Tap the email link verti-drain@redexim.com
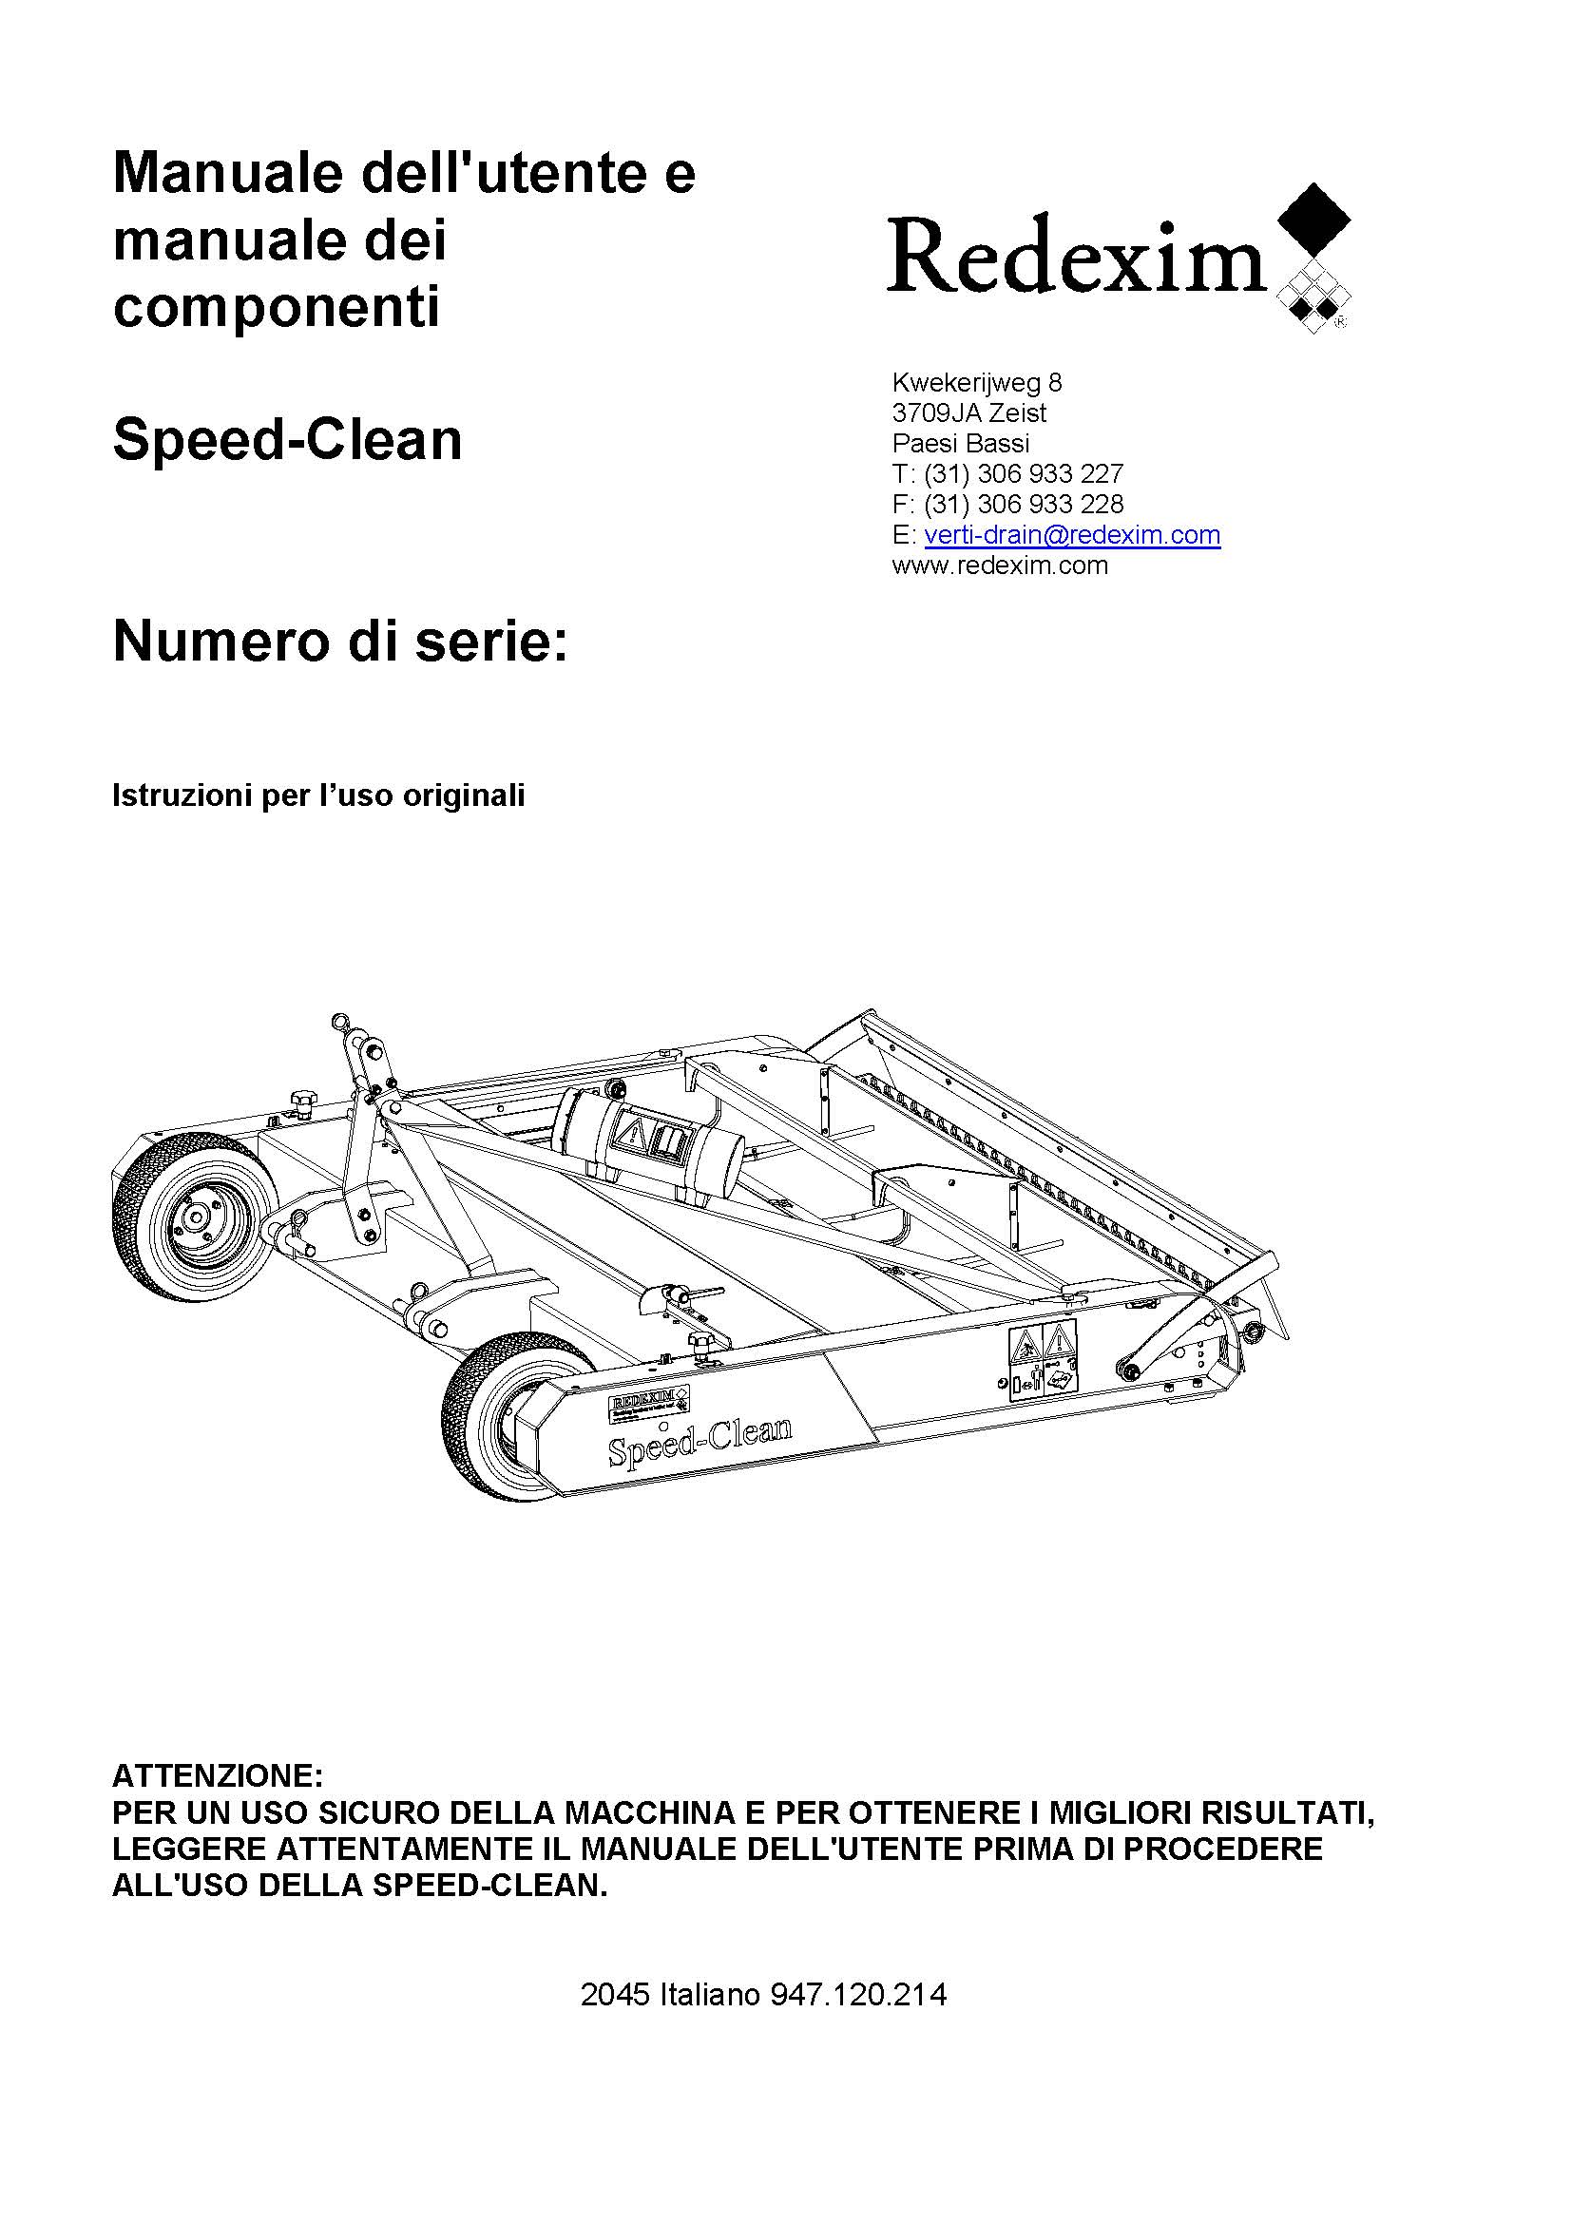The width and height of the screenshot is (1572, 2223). coord(1071,534)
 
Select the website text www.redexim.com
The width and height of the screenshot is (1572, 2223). coord(1000,565)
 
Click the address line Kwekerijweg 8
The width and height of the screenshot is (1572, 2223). coord(977,382)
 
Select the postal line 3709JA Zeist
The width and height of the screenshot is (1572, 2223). coord(968,412)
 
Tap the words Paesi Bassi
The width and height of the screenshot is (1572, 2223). coord(960,444)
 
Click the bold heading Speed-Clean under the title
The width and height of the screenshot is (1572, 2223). coord(287,440)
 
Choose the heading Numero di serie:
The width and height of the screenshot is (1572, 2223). coord(339,641)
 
